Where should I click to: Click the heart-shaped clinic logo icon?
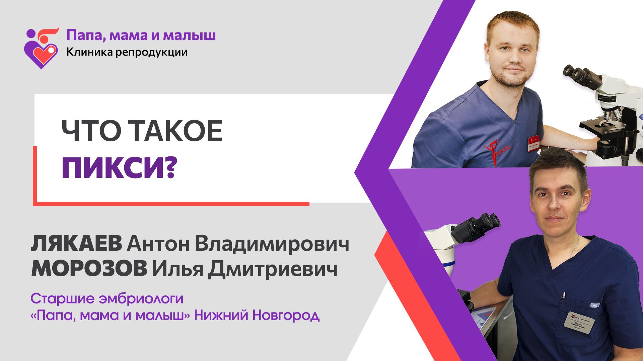[x=41, y=49]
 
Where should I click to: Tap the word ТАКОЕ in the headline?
[x=176, y=131]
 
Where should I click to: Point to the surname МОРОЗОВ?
[x=89, y=269]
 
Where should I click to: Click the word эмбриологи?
[x=141, y=298]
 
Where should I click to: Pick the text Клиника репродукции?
[x=127, y=52]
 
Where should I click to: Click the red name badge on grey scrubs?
[x=533, y=143]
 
